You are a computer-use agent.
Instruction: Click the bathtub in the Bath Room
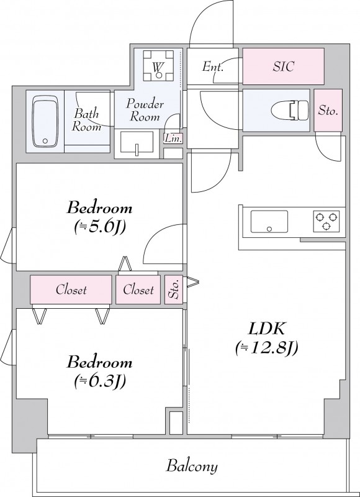pos(45,122)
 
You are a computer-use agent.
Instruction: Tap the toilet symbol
pos(289,111)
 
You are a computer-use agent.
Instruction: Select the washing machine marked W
pos(158,66)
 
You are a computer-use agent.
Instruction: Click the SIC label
pos(284,66)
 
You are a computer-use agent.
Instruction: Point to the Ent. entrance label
pos(213,66)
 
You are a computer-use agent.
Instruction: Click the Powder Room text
pos(145,111)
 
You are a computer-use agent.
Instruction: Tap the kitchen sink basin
pos(269,222)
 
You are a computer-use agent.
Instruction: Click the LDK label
pos(267,330)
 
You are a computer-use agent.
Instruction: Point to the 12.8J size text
pos(266,349)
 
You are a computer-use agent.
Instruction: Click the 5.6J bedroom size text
pos(100,227)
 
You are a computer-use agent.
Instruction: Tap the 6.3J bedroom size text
pos(100,381)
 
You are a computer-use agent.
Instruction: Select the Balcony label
pos(192,467)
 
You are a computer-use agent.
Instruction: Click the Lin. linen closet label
pos(173,139)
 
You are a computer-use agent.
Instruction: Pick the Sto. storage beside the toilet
pos(328,111)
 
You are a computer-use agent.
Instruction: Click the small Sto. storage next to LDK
pos(174,290)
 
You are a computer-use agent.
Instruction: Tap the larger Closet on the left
pos(71,290)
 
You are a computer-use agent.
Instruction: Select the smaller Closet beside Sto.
pos(138,290)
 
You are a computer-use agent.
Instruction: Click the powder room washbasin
pos(137,144)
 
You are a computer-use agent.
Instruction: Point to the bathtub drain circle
pos(45,141)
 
